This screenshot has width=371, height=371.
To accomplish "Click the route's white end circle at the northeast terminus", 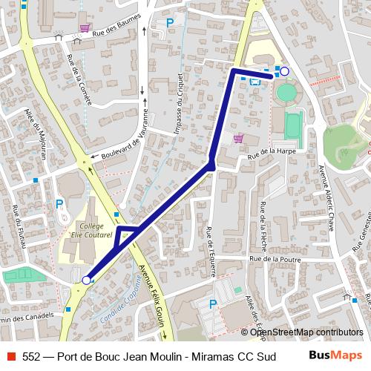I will [x=284, y=71].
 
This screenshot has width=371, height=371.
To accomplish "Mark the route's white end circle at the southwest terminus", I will [x=86, y=280].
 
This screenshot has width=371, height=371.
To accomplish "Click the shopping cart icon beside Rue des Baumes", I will [x=85, y=28].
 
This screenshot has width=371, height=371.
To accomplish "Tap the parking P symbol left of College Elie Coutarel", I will [x=59, y=203].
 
